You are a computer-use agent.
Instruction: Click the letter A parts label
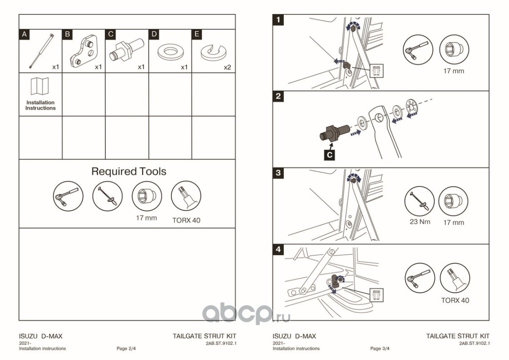coord(24,35)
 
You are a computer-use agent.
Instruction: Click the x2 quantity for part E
coord(227,67)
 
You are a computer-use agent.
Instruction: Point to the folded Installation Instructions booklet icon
coord(40,86)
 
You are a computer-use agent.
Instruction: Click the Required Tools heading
coord(129,171)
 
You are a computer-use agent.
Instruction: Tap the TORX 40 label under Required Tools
coord(186,220)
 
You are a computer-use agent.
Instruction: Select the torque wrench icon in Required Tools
coord(107,196)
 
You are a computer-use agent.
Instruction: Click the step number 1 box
coord(278,20)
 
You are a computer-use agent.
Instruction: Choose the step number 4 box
coord(278,250)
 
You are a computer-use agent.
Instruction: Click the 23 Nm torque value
coord(420,222)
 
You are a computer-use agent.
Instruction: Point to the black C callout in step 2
coord(330,155)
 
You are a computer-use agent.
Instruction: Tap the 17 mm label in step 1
coord(454,71)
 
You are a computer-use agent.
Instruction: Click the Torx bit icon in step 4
coord(455,278)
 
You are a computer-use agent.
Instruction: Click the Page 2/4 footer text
coord(126,349)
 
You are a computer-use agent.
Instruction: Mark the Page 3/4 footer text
coord(380,349)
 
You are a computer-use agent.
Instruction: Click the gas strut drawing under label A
coord(41,51)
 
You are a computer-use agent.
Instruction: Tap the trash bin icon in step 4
coord(376,295)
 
